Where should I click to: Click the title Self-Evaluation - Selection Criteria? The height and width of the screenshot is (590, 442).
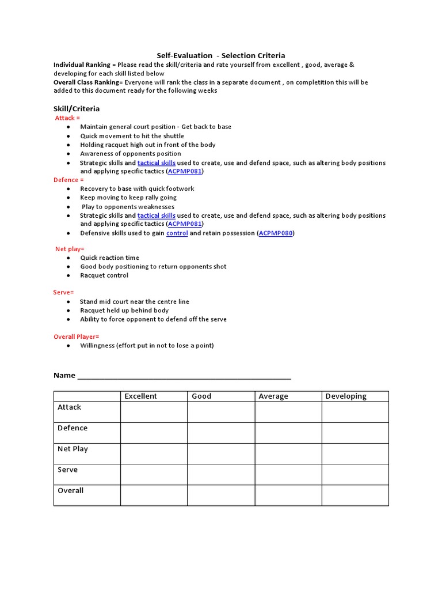point(221,56)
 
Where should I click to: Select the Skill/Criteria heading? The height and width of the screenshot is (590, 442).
point(77,108)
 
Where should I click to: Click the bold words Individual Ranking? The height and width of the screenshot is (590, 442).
point(81,65)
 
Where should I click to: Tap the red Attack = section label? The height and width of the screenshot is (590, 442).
point(67,118)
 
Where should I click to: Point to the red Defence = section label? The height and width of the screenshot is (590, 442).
point(69,180)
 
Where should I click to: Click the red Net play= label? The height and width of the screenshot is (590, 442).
point(70,249)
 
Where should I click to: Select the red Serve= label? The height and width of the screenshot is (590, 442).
point(64,293)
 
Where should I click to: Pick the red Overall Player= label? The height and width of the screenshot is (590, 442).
point(77,336)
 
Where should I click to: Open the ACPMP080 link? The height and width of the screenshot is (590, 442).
point(275,233)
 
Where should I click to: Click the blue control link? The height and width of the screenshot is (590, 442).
point(177,233)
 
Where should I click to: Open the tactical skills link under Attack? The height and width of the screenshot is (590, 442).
point(157,163)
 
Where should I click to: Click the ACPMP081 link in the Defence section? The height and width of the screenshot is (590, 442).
point(185,224)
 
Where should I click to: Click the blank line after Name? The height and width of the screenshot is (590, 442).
point(184,376)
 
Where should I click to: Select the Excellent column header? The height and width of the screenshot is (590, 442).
point(140,396)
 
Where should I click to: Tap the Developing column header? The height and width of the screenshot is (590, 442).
point(346,396)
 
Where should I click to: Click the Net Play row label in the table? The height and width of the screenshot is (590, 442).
point(73,449)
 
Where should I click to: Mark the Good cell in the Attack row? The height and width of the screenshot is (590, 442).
point(221,412)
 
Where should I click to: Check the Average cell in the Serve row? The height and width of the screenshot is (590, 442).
point(288,474)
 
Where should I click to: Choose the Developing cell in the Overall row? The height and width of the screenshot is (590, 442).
point(355,496)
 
